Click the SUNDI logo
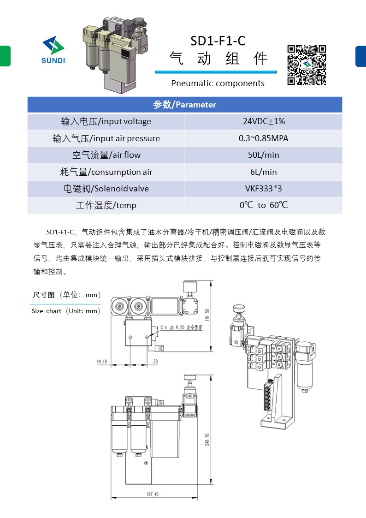point(53,50)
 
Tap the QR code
point(307,65)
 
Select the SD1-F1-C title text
point(218,41)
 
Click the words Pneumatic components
point(218,83)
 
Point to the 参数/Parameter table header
point(184,105)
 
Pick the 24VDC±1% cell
point(264,122)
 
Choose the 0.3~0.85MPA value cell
point(264,138)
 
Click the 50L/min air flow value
point(264,155)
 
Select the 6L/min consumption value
point(264,172)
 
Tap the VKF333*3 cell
point(264,189)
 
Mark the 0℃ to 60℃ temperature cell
point(264,205)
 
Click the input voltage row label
point(106,122)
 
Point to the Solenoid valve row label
point(106,189)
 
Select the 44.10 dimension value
point(102,362)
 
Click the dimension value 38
point(155,362)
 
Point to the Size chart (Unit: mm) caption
point(66,311)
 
